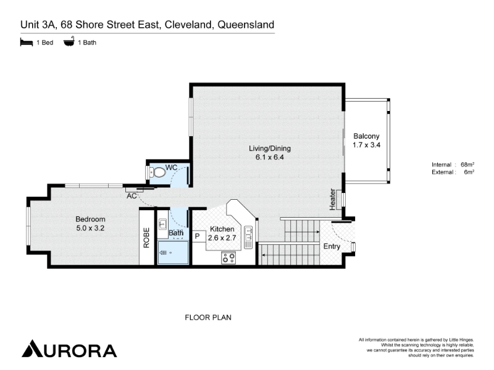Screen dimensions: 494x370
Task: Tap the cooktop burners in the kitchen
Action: pos(228,258)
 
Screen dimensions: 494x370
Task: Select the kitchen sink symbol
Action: pos(248,237)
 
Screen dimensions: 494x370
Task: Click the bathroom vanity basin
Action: pos(162,224)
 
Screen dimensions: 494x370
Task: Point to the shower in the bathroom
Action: pos(173,252)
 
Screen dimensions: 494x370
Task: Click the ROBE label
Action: pos(146,237)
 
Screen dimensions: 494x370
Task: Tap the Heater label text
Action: pos(332,199)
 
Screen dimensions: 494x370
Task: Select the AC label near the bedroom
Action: pos(132,196)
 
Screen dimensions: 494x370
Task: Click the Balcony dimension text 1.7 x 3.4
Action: pos(366,145)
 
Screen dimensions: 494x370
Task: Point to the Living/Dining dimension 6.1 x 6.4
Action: pos(270,157)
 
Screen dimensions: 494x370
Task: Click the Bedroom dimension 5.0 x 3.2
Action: pos(90,228)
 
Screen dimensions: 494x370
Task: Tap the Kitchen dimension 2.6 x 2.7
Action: pos(222,238)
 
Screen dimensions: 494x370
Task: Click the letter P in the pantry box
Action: pos(198,236)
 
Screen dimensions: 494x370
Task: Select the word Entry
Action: pos(332,246)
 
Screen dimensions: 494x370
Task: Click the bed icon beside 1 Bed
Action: pos(27,42)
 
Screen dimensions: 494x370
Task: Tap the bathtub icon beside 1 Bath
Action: pos(69,41)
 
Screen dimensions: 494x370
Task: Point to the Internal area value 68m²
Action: pos(467,164)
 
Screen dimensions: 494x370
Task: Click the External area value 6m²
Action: pos(469,172)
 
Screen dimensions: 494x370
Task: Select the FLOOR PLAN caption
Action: pos(208,318)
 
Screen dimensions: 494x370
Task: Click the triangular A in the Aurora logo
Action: pos(32,348)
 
